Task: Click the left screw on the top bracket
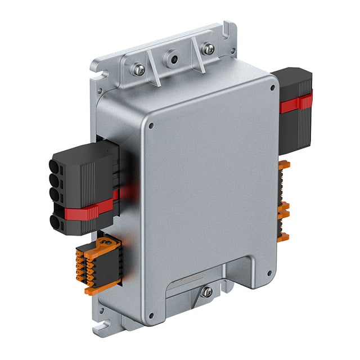coord(139,70)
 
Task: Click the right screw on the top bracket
coord(209,49)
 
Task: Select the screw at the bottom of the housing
coord(207,291)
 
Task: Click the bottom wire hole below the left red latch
coord(58,223)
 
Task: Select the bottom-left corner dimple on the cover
coord(150,315)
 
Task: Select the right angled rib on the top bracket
coord(196,49)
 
